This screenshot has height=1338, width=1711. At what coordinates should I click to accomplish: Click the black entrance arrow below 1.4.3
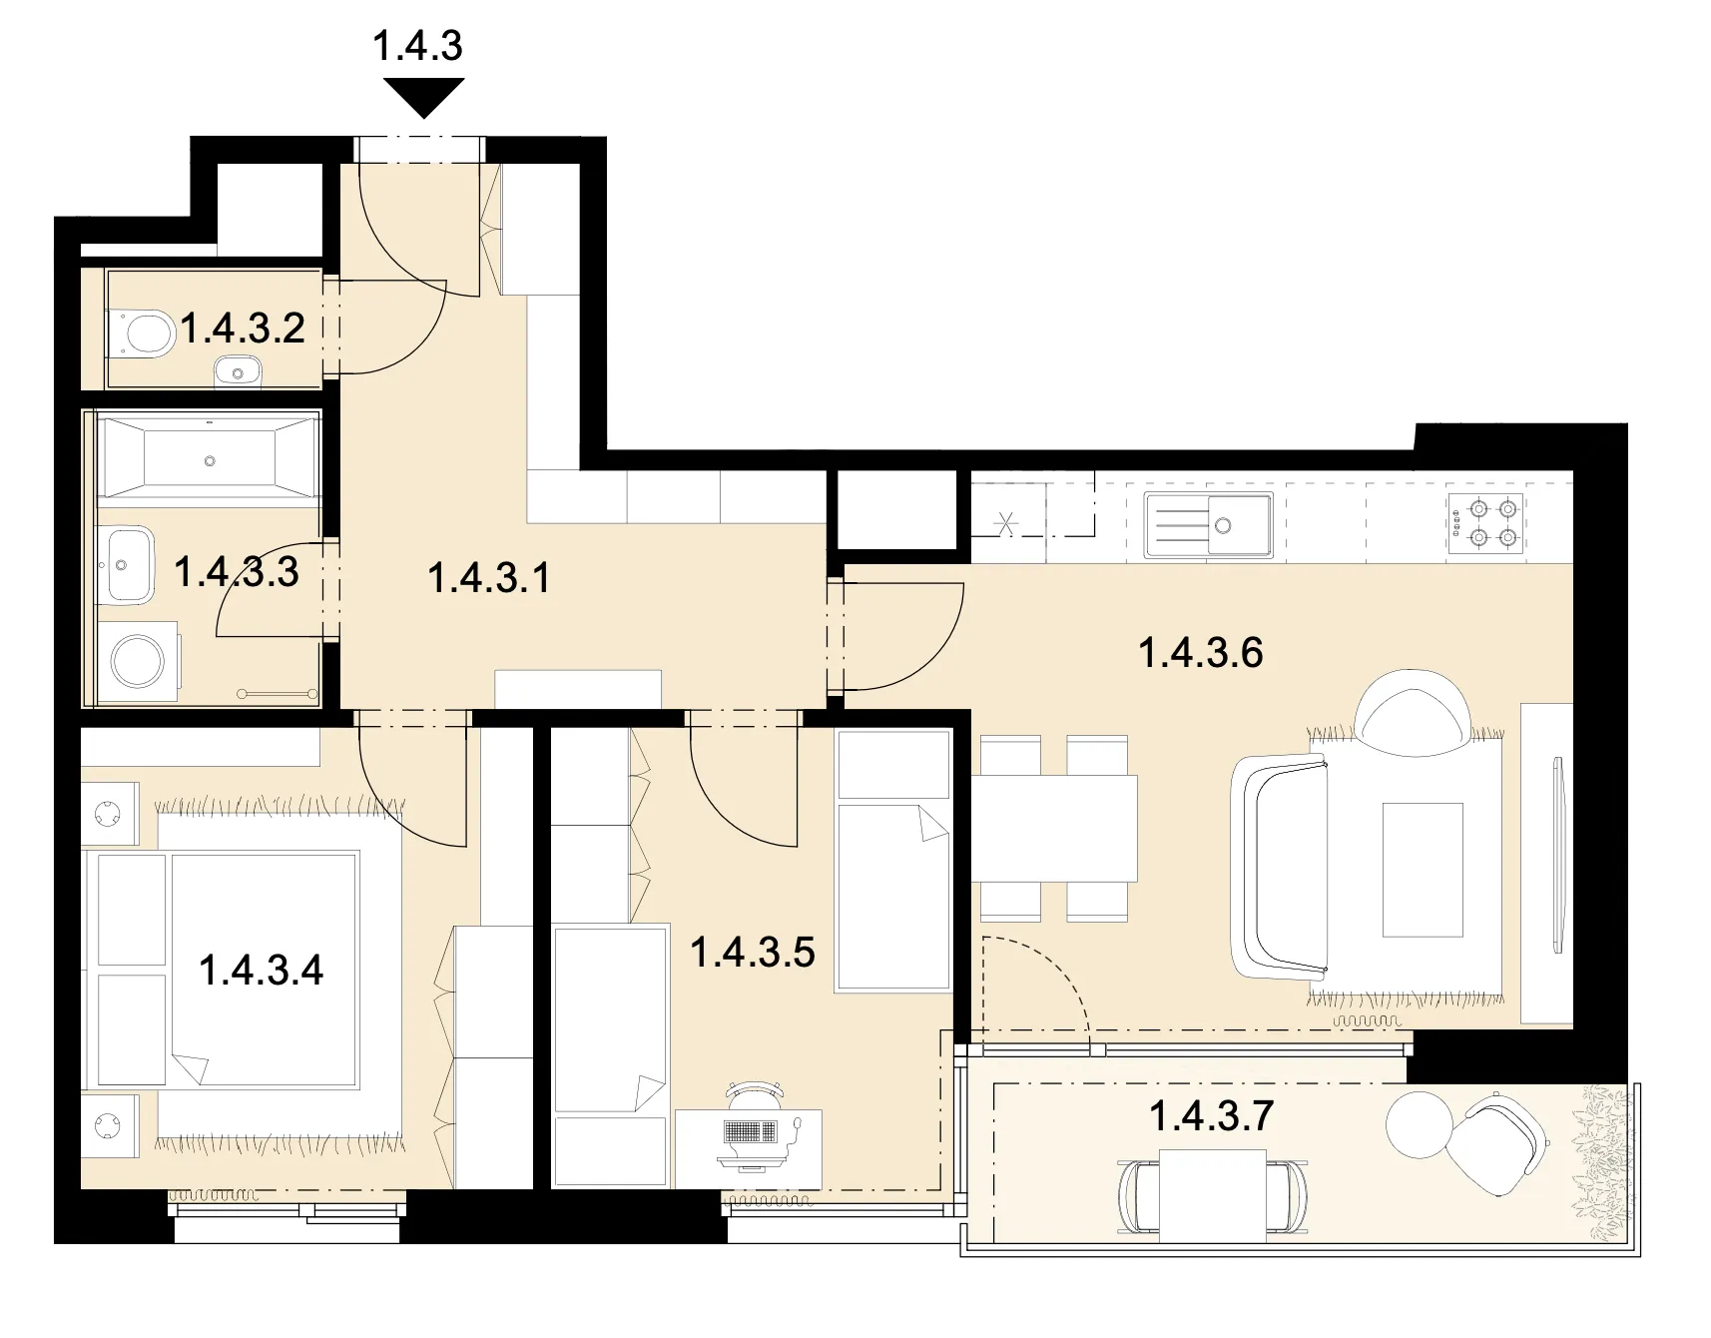point(423,98)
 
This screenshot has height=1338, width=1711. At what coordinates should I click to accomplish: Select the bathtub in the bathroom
point(209,459)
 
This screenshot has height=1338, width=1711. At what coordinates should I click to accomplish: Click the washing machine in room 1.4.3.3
point(138,659)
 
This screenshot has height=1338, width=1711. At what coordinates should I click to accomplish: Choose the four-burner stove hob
point(1485,523)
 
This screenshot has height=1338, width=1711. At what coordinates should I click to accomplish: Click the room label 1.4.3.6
point(1201,653)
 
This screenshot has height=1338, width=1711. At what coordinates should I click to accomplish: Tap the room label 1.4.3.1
point(489,578)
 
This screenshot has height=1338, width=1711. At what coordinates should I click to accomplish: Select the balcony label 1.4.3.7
point(1211,1115)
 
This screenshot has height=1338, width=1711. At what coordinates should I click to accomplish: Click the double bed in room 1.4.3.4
point(225,969)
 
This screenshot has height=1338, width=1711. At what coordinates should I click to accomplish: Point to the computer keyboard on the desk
point(749,1132)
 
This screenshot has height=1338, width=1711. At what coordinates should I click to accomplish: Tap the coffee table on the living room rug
point(1423,869)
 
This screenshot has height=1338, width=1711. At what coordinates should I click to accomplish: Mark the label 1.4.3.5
point(753,953)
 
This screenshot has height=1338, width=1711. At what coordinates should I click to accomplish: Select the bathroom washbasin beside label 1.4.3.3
point(126,565)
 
